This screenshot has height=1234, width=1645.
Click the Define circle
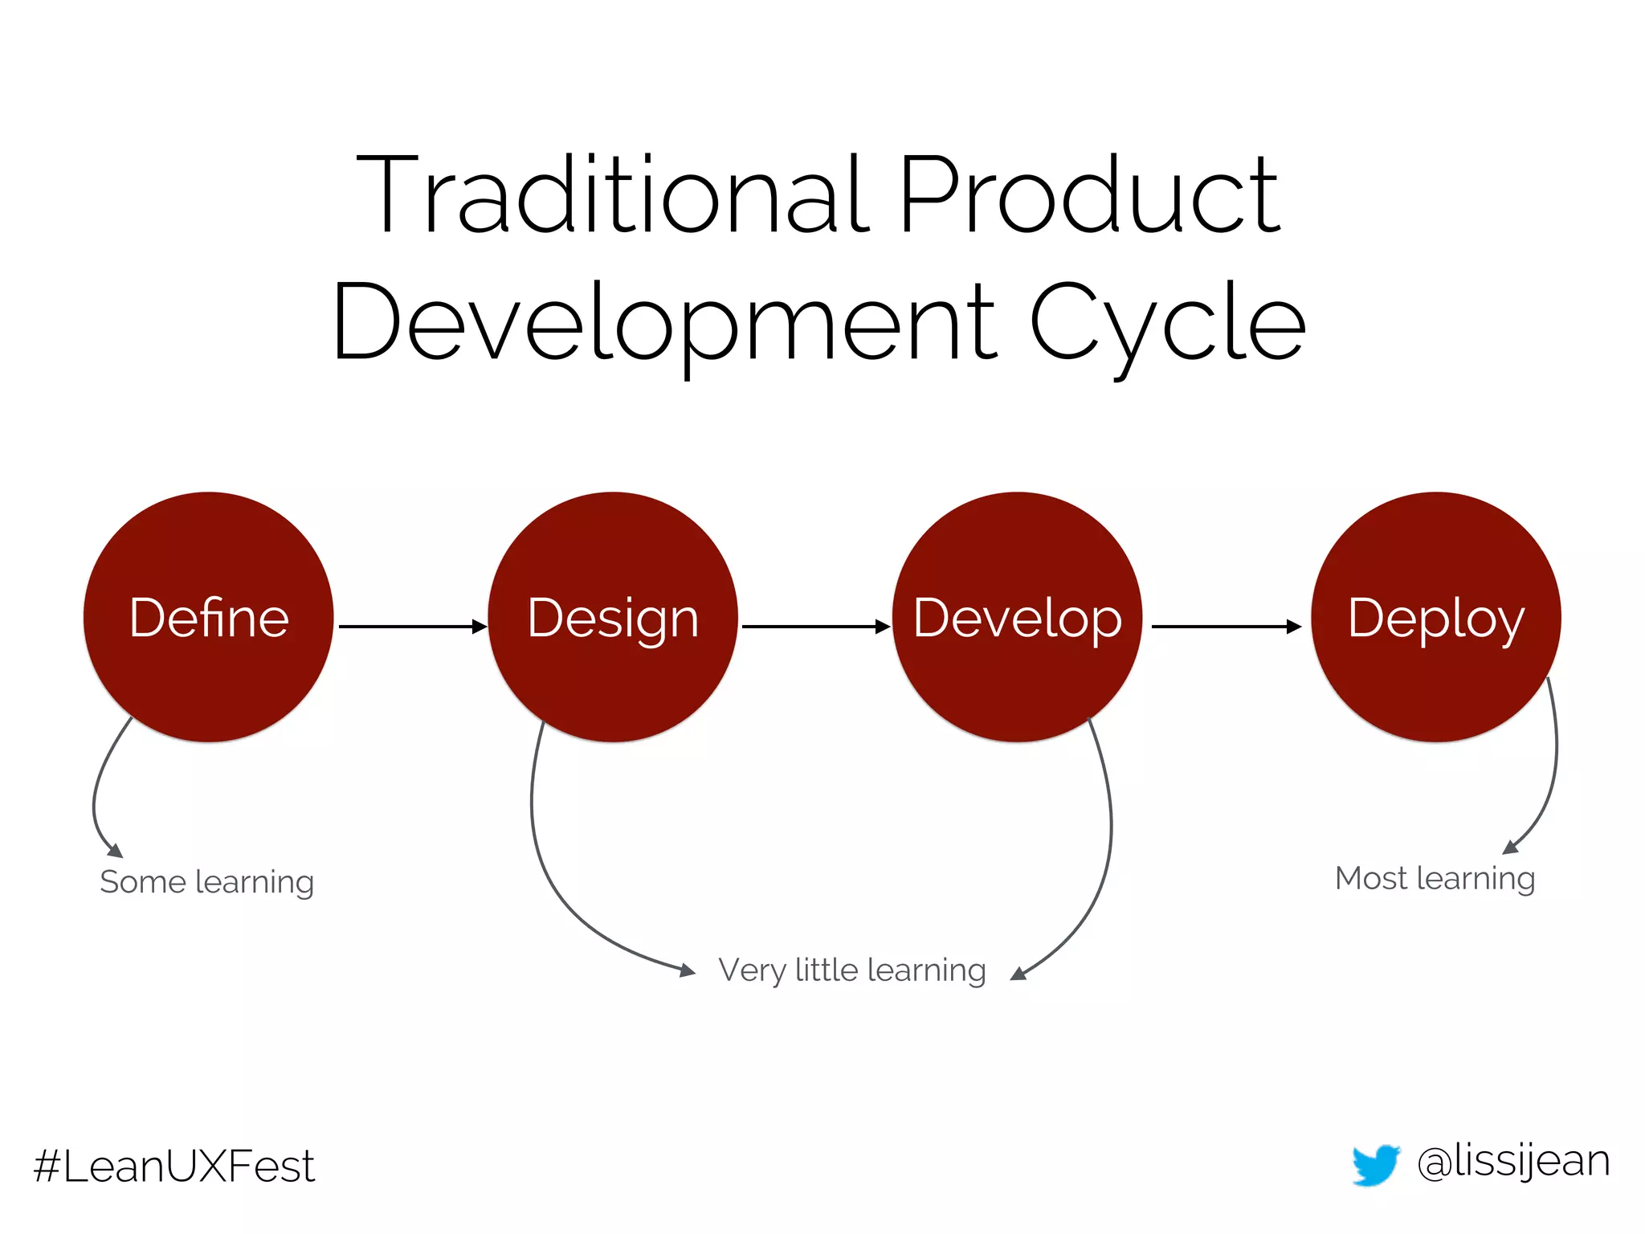pos(209,617)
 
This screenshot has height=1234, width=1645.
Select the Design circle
pos(613,617)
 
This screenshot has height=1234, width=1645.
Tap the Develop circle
pos(1017,617)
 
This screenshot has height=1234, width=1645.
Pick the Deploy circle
pos(1436,617)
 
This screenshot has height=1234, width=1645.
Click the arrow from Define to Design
pos(411,626)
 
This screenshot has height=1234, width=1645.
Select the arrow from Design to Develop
pos(814,626)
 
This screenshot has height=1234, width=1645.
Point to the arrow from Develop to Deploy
pos(1225,626)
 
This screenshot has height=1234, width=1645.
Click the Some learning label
pos(206,882)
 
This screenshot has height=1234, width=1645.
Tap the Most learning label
pos(1435,878)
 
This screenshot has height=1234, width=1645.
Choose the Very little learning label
pos(852,970)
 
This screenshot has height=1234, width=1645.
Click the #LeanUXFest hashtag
pos(174,1167)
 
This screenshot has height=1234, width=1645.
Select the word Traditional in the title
pos(612,194)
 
